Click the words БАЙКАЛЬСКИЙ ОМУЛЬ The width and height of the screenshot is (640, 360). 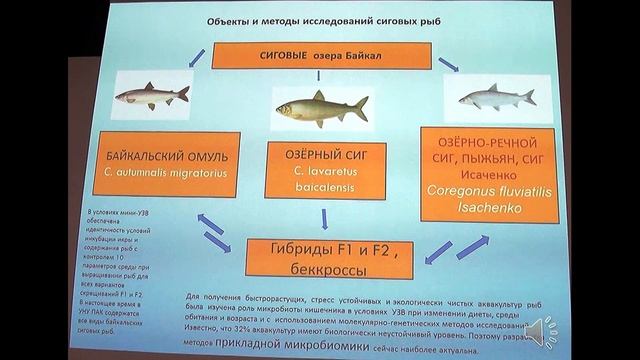[166, 156]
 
